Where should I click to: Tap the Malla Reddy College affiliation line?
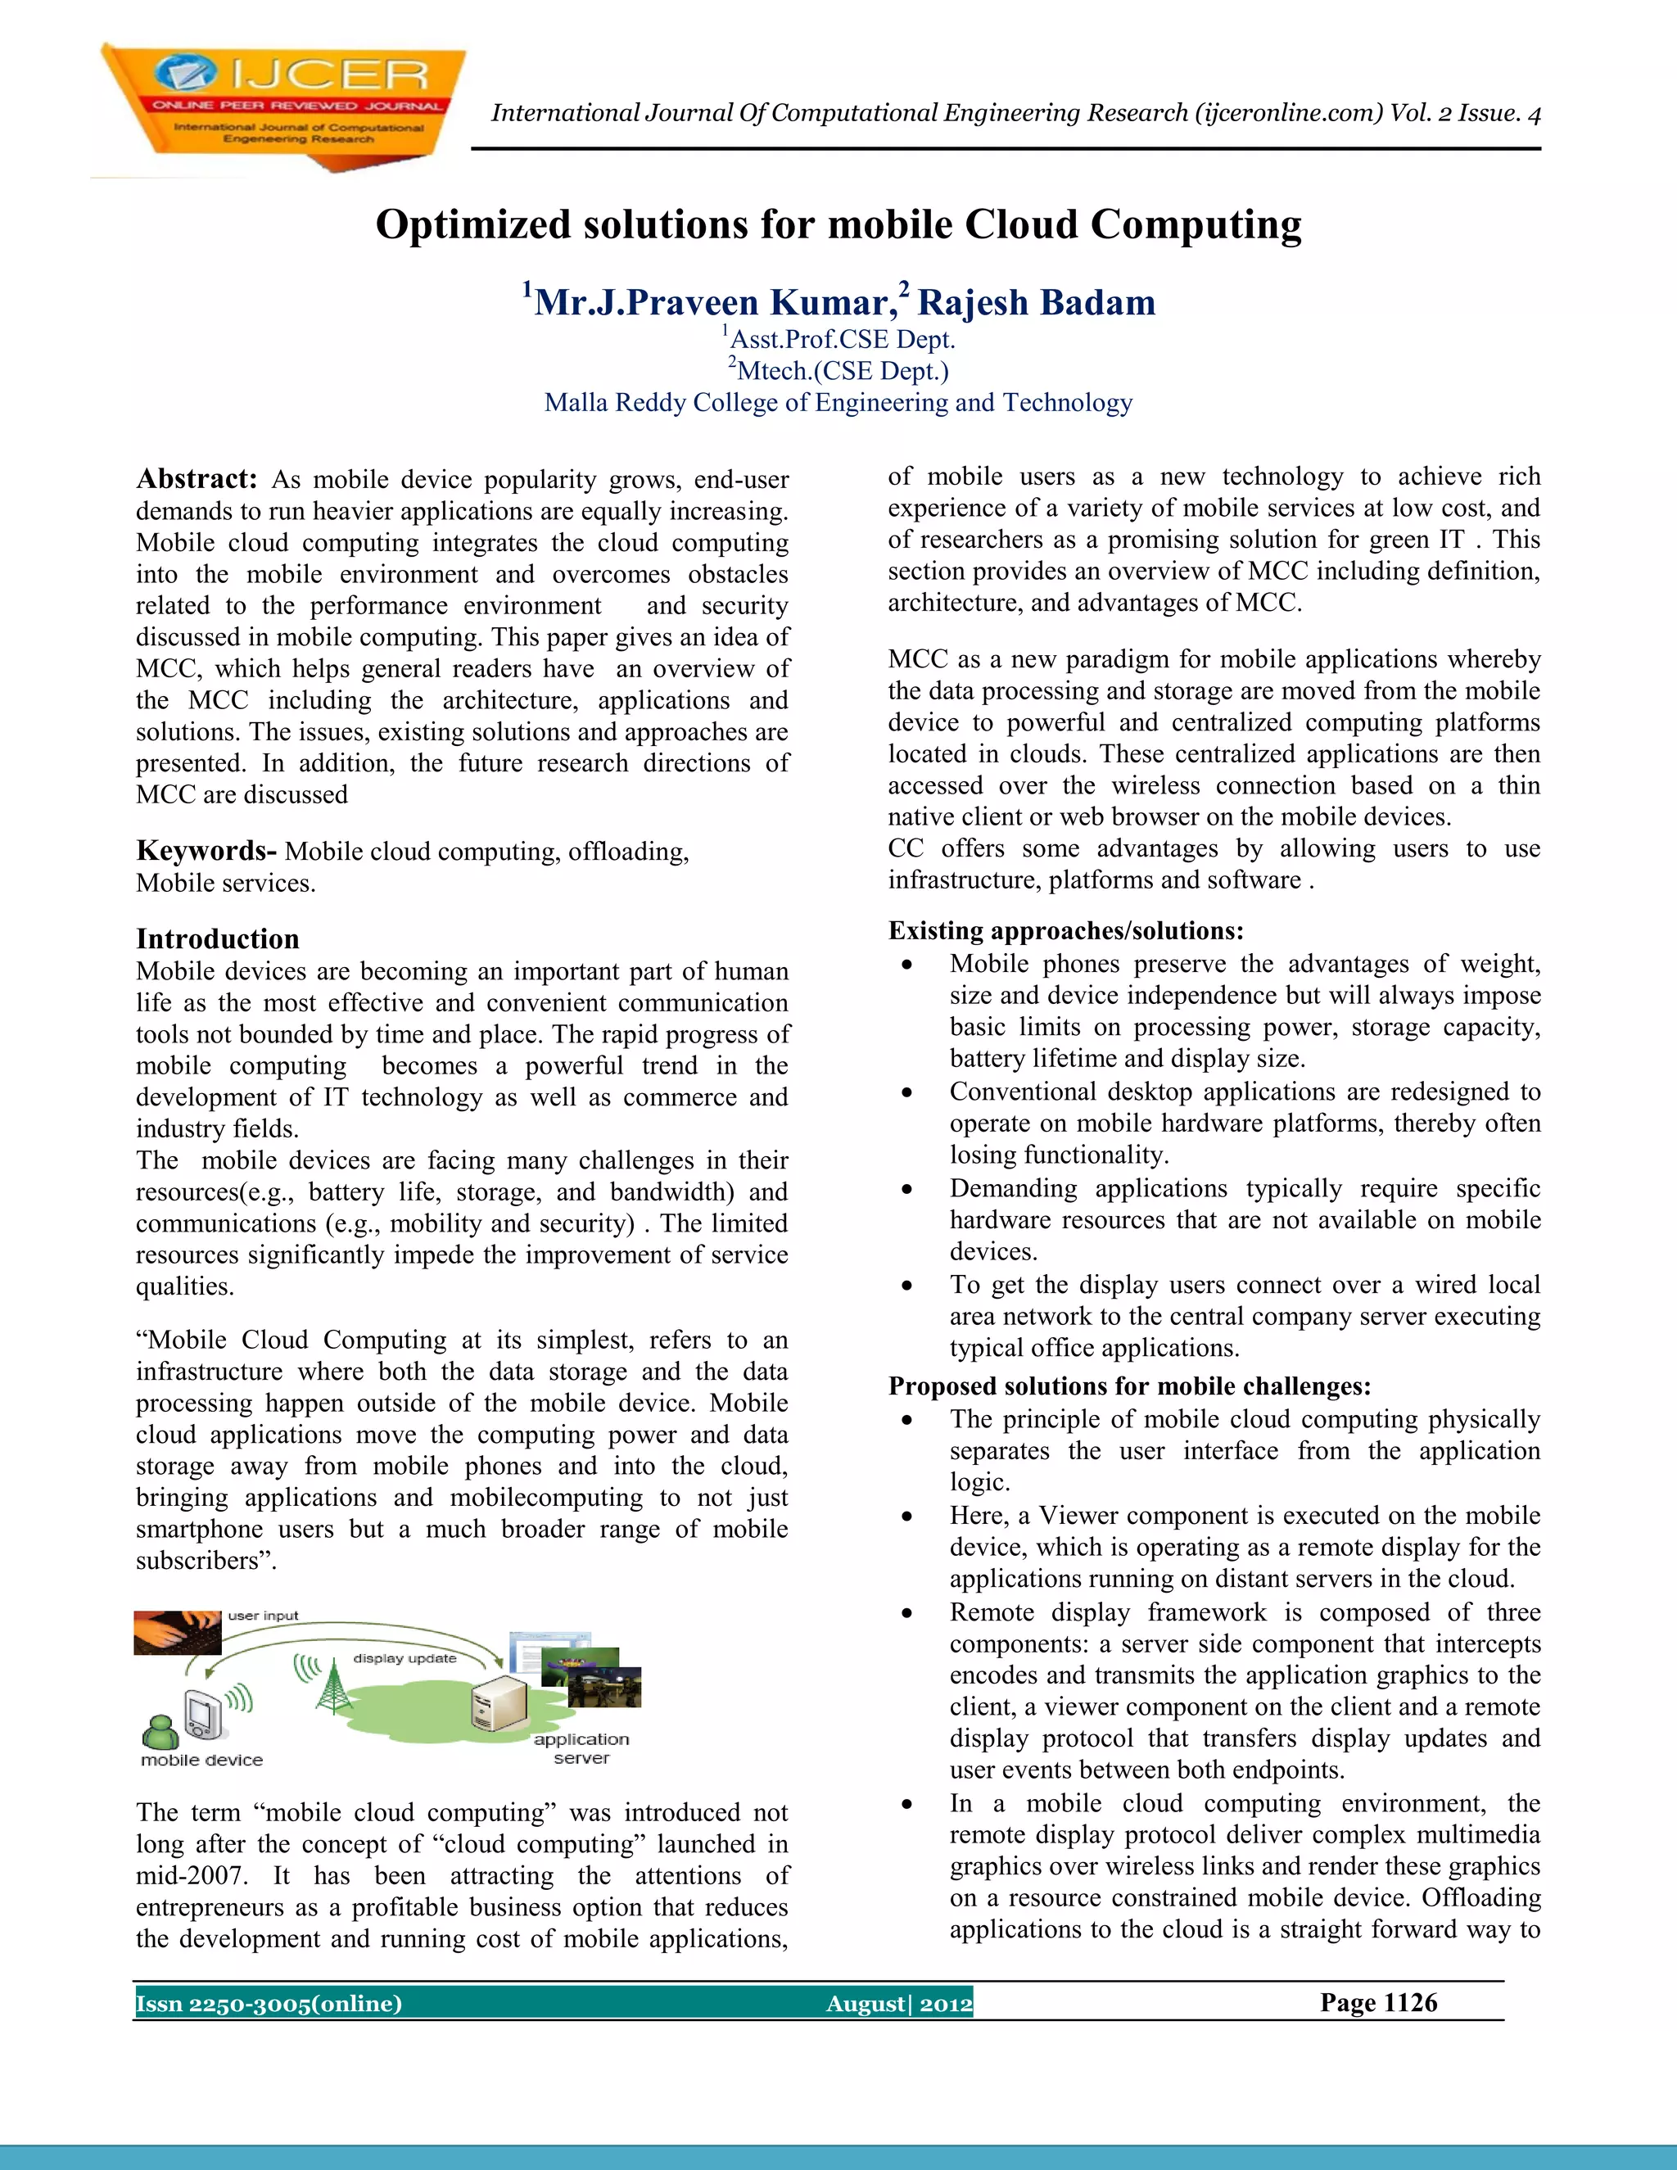838,402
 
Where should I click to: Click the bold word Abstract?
197,479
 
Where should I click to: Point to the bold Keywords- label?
206,851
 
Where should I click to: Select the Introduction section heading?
218,939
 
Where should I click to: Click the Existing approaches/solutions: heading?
1065,930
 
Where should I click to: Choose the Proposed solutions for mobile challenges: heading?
1128,1386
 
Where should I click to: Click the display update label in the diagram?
405,1658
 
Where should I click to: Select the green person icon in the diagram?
159,1732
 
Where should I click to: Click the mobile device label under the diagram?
201,1760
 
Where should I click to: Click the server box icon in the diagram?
499,1701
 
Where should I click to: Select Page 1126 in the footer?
1378,2002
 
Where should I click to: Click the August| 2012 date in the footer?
899,2003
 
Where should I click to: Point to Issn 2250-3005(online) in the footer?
269,2003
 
